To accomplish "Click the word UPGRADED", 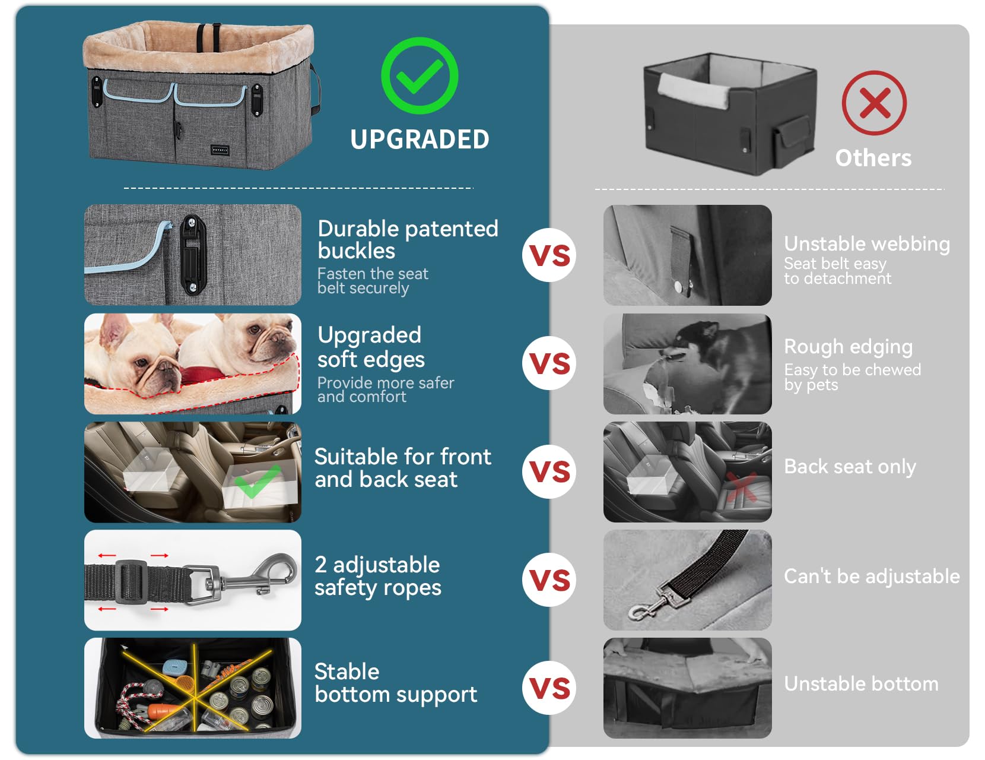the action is pos(420,139).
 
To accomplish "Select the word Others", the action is pos(873,158).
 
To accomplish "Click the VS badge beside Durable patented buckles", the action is pos(549,255).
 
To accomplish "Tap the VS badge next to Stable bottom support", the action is pos(549,688).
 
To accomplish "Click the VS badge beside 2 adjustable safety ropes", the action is pos(549,579).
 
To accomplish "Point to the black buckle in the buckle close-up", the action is pos(193,255).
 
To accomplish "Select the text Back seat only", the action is pos(850,467).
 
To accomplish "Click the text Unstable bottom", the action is pos(861,684).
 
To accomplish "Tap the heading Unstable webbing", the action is pos(867,244).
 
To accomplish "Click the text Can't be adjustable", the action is pos(872,577).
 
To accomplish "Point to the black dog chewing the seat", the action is pos(711,354).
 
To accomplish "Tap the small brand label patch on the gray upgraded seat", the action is pos(220,150).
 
